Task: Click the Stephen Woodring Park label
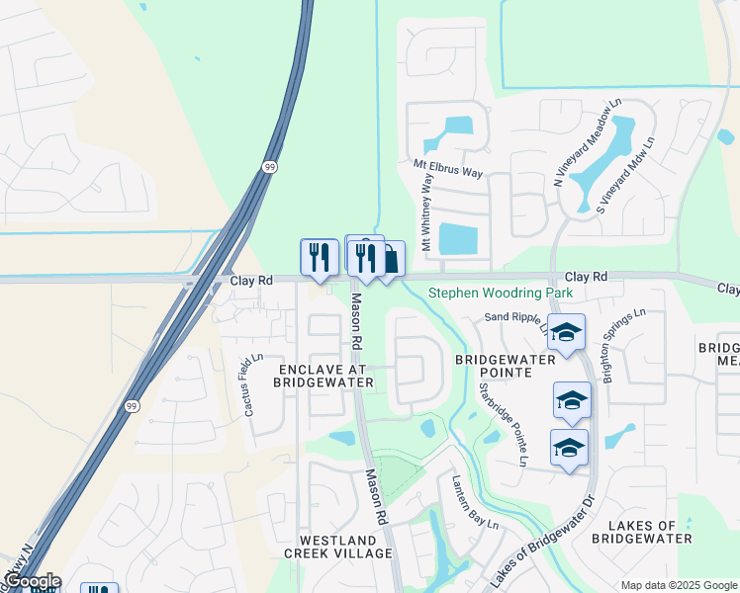[x=501, y=294]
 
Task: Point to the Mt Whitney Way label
[x=428, y=212]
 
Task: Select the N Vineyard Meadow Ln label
[x=587, y=143]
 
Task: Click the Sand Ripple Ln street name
[x=515, y=318]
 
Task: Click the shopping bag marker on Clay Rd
[x=391, y=260]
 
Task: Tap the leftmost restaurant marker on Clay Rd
[x=319, y=257]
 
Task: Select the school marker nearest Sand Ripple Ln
[x=566, y=333]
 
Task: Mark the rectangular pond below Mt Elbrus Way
[x=457, y=238]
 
